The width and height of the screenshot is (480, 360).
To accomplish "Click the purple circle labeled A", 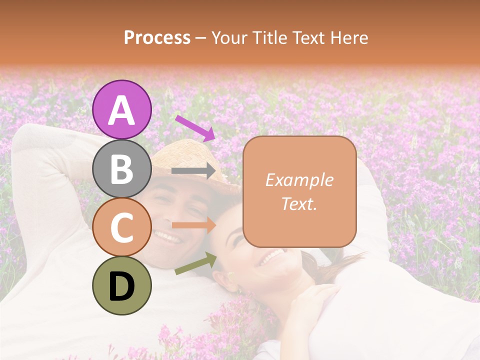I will click(x=122, y=109).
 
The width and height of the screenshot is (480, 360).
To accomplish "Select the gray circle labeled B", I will click(x=122, y=168).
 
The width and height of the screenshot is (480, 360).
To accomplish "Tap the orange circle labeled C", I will click(x=122, y=227).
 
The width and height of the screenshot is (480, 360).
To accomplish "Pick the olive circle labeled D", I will click(x=122, y=286).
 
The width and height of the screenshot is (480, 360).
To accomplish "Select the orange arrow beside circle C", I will click(x=193, y=225).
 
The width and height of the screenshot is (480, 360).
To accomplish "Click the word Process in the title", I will click(x=157, y=37).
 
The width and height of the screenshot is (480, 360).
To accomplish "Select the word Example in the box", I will click(x=299, y=180).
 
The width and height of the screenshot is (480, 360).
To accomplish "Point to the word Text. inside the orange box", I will click(x=299, y=203).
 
